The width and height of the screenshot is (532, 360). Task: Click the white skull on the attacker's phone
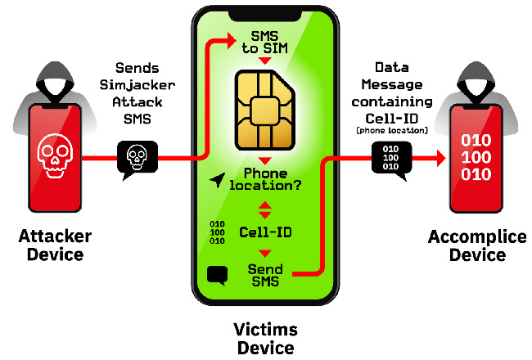(55, 155)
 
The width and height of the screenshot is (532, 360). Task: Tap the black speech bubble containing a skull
(137, 159)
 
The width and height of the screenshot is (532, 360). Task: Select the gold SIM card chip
(265, 110)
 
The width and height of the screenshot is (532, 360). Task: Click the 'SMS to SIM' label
(264, 43)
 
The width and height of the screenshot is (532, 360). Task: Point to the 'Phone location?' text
(265, 179)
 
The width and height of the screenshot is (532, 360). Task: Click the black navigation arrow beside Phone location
(217, 180)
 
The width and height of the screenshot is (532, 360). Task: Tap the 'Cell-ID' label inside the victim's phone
(265, 232)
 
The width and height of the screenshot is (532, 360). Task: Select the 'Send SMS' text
(265, 275)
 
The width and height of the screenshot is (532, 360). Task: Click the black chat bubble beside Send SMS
(217, 275)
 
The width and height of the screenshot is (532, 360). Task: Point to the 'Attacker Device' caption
(55, 245)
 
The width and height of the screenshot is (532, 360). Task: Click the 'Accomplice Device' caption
(477, 245)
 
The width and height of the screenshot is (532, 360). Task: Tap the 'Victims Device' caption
(266, 339)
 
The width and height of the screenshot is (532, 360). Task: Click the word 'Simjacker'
(138, 85)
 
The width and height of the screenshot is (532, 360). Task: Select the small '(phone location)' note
(392, 131)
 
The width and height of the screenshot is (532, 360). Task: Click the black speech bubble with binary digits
(391, 159)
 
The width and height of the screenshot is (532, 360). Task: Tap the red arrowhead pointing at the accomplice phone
(441, 158)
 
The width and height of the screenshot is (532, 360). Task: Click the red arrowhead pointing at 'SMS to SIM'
(232, 40)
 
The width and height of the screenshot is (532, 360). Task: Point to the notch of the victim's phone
(265, 15)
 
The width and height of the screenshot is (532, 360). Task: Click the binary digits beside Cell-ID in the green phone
(217, 232)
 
